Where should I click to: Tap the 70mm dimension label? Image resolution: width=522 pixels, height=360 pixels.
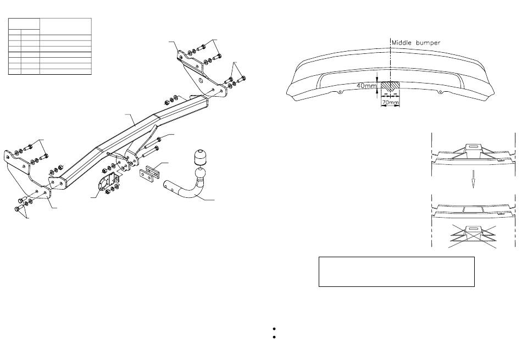click(x=390, y=102)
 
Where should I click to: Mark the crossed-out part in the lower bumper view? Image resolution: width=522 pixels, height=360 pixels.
click(x=473, y=235)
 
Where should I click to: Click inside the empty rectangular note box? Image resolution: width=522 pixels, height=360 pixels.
click(x=396, y=271)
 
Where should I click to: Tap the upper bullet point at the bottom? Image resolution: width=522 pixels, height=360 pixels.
click(x=273, y=329)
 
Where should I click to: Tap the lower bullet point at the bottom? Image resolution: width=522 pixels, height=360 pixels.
click(x=273, y=337)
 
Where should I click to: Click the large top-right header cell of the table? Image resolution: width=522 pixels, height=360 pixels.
click(x=65, y=25)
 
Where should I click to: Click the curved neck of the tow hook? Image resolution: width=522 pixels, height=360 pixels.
click(x=190, y=192)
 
